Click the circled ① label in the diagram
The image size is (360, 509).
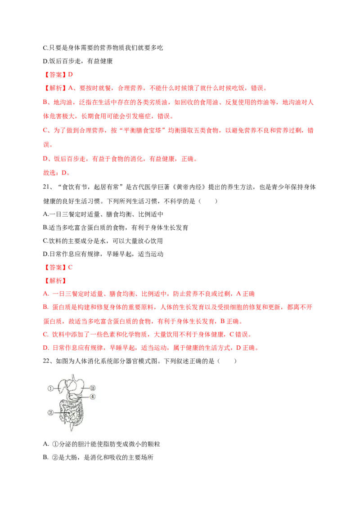(x=50, y=388)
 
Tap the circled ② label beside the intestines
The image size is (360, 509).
(x=50, y=413)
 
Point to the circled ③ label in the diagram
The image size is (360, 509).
(x=93, y=388)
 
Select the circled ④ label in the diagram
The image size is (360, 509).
(x=93, y=397)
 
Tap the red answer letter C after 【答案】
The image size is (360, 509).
(x=70, y=268)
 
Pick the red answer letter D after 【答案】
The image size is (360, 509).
(x=70, y=75)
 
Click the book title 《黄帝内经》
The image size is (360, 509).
(x=189, y=187)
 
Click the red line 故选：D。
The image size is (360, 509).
(x=57, y=173)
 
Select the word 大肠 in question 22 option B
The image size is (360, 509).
(x=71, y=457)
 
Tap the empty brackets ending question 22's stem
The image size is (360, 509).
(x=227, y=361)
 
